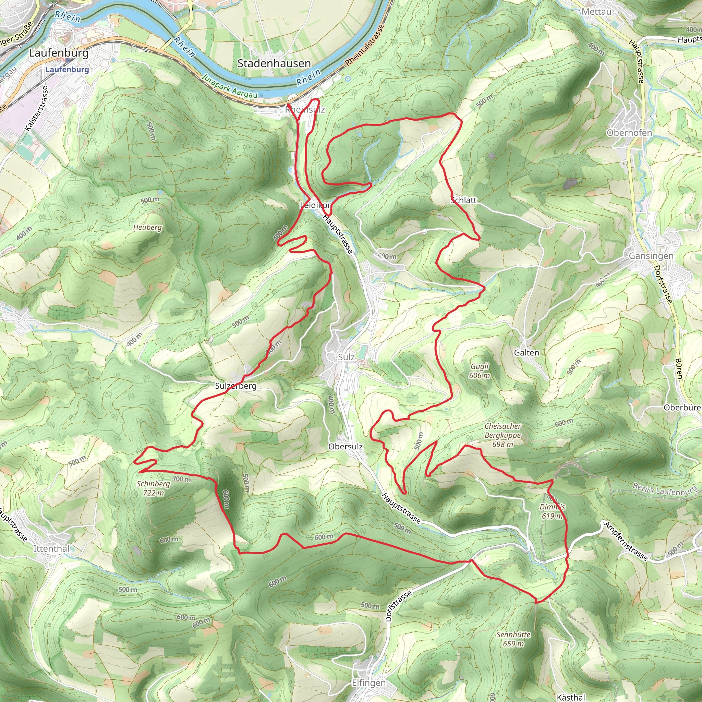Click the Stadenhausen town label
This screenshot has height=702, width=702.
(274, 64)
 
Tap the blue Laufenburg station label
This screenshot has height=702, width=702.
(67, 69)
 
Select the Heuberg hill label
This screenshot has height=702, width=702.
(147, 228)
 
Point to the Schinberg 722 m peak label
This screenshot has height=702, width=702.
(153, 488)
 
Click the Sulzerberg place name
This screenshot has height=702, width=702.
(236, 386)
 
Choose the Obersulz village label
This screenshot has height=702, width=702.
(345, 447)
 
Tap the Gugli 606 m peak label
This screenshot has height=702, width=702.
(480, 371)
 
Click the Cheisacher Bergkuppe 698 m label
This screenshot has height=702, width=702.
(503, 435)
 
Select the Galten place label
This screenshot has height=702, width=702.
(526, 352)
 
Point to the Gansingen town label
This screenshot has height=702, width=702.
(651, 256)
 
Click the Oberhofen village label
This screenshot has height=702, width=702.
(629, 133)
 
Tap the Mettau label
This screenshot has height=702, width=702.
(596, 12)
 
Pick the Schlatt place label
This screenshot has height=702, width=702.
(464, 200)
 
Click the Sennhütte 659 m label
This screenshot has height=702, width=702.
(513, 639)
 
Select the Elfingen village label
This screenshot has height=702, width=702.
(369, 683)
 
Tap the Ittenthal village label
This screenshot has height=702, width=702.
(51, 549)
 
